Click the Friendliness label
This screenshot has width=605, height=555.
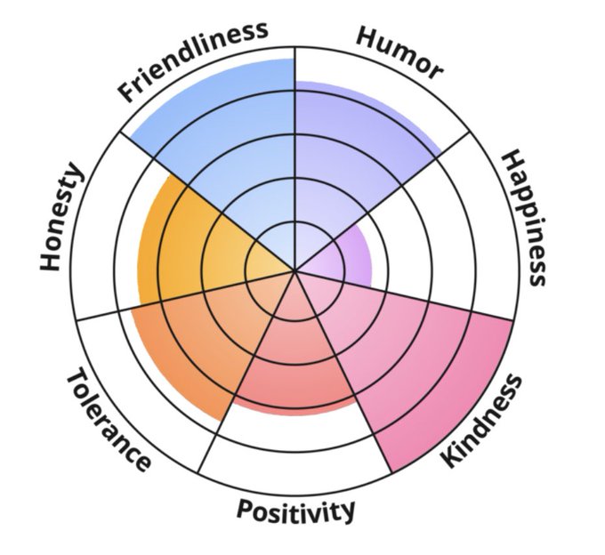coord(193,59)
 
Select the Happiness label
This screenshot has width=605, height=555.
coord(522,217)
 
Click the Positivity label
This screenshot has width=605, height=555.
coord(295,510)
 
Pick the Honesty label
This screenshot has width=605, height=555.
coord(62,217)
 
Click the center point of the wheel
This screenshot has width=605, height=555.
coord(295,269)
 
